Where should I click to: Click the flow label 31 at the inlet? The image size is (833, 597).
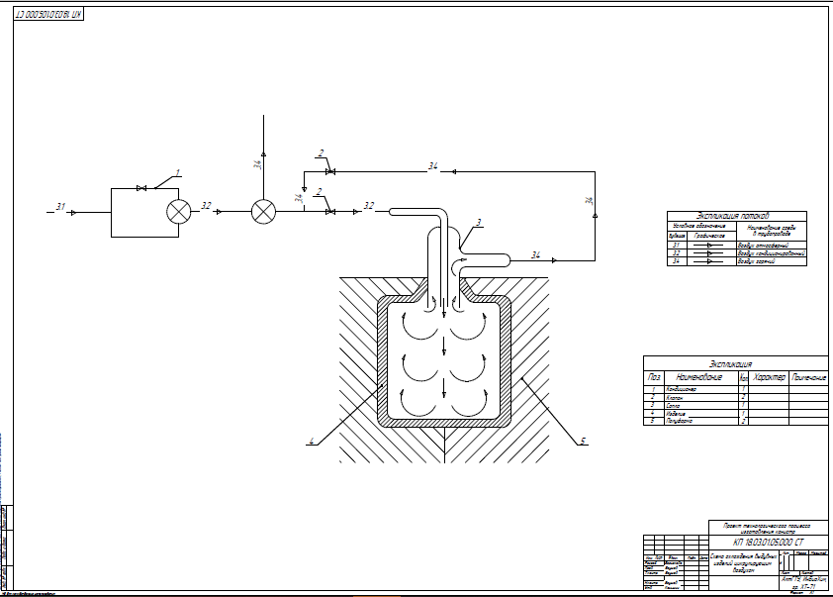point(60,207)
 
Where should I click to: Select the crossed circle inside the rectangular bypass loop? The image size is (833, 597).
point(179,211)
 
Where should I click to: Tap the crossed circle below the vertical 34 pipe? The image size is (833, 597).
point(263,211)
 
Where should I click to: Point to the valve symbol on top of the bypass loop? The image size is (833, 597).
point(142,188)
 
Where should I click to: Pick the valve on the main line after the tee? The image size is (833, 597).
point(329,211)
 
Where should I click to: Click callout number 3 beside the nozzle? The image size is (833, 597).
point(478,222)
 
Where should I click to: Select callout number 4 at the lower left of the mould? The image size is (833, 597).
point(310,441)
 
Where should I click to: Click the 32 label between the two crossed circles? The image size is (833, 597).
point(206,206)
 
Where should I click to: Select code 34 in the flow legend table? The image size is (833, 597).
point(677,261)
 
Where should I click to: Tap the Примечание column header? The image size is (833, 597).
point(808,377)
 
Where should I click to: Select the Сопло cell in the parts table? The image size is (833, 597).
point(674,405)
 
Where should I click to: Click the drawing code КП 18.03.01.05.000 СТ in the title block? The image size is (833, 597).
point(769,543)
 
